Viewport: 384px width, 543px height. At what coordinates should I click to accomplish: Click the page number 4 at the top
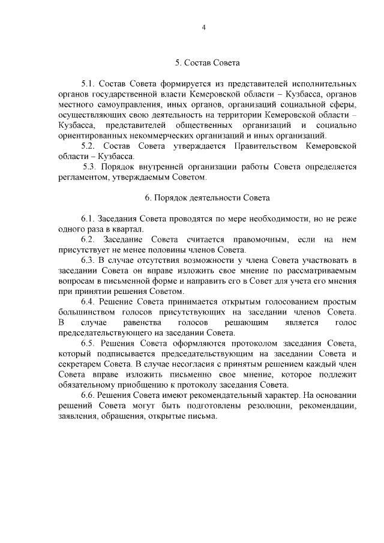point(204,27)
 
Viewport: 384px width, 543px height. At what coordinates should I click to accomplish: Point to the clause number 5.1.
point(88,83)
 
